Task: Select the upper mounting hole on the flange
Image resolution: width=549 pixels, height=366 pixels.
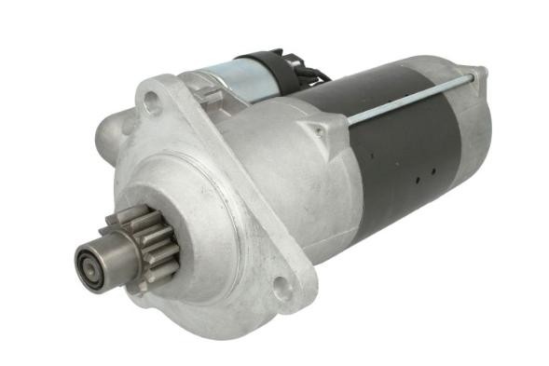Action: tap(152, 102)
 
